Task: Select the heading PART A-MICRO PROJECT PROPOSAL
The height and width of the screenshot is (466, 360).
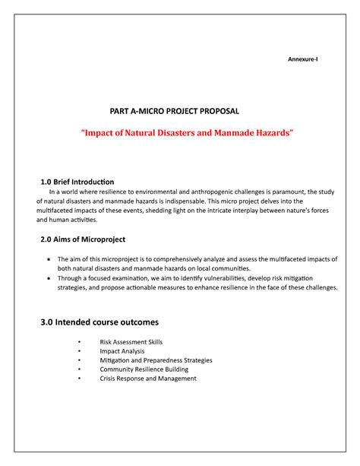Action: pos(180,111)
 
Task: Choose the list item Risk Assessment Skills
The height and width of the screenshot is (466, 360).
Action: pos(131,342)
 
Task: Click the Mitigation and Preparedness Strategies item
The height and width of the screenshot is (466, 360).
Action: pos(156,360)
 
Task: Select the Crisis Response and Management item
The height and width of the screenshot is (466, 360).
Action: pos(148,379)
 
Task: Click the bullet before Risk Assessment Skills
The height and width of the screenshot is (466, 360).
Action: pos(78,342)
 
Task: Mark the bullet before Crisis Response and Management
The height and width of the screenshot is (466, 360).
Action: pos(78,379)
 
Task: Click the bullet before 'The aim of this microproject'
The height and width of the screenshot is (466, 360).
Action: pos(49,259)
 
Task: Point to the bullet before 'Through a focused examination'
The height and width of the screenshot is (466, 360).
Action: pos(49,278)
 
